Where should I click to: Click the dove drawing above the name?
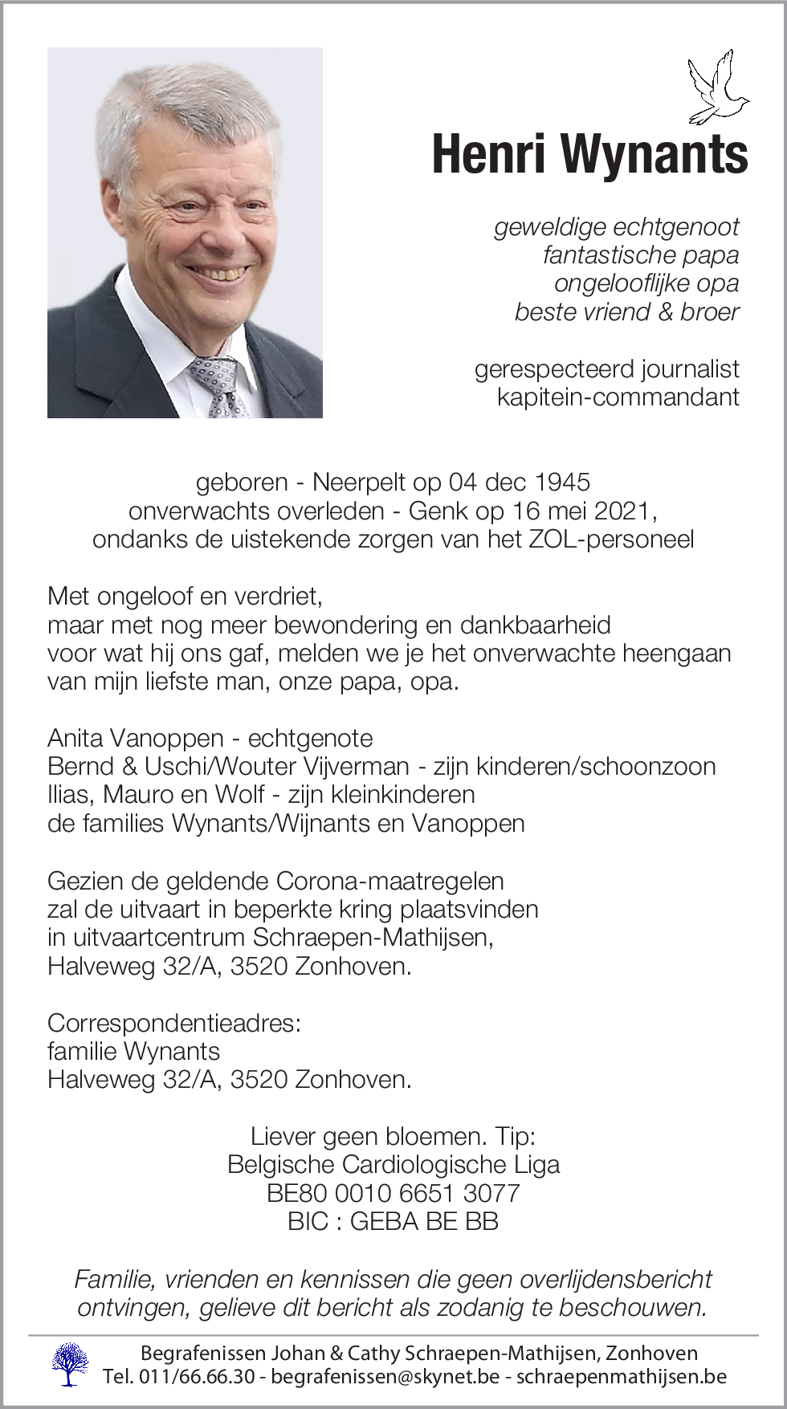pos(718,88)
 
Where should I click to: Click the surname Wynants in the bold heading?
pos(654,154)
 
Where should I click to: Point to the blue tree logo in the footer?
pos(70,1364)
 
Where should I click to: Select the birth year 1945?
pos(562,482)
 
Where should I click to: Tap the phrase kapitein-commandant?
pos(618,397)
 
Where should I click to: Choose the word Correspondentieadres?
pos(173,1023)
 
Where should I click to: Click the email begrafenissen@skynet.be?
pos(385,1376)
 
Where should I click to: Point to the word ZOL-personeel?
pos(610,539)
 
